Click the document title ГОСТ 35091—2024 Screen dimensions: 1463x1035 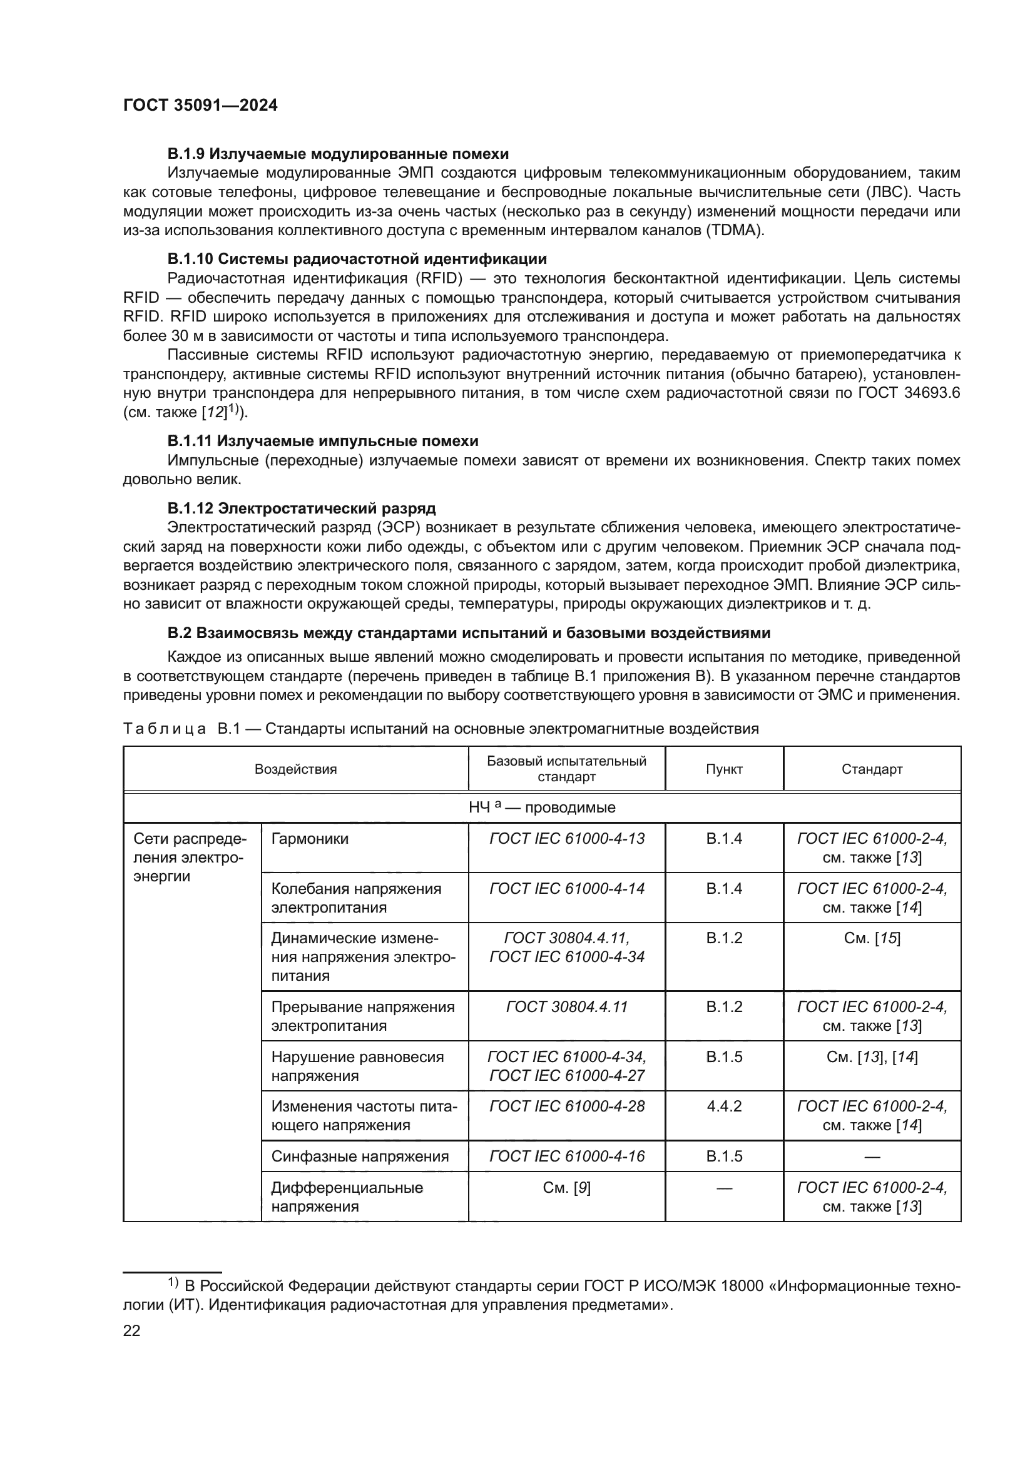[200, 106]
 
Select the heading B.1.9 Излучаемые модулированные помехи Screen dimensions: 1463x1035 [338, 154]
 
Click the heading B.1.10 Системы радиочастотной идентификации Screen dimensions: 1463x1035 [357, 259]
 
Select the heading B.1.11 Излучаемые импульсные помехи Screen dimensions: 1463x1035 [322, 441]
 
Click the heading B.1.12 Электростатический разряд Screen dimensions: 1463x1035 [302, 508]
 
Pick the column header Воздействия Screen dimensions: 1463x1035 [296, 769]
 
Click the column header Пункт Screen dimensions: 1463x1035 [724, 769]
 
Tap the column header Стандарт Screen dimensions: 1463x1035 [872, 769]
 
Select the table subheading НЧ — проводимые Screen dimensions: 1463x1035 [542, 807]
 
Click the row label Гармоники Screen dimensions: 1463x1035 [310, 839]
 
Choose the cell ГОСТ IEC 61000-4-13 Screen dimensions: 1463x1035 [566, 839]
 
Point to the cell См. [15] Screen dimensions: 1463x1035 [872, 938]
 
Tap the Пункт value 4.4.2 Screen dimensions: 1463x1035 [724, 1105]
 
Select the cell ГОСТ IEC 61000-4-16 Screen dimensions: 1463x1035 [566, 1156]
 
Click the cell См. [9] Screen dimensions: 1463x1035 [566, 1187]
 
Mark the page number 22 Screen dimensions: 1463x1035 [131, 1330]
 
